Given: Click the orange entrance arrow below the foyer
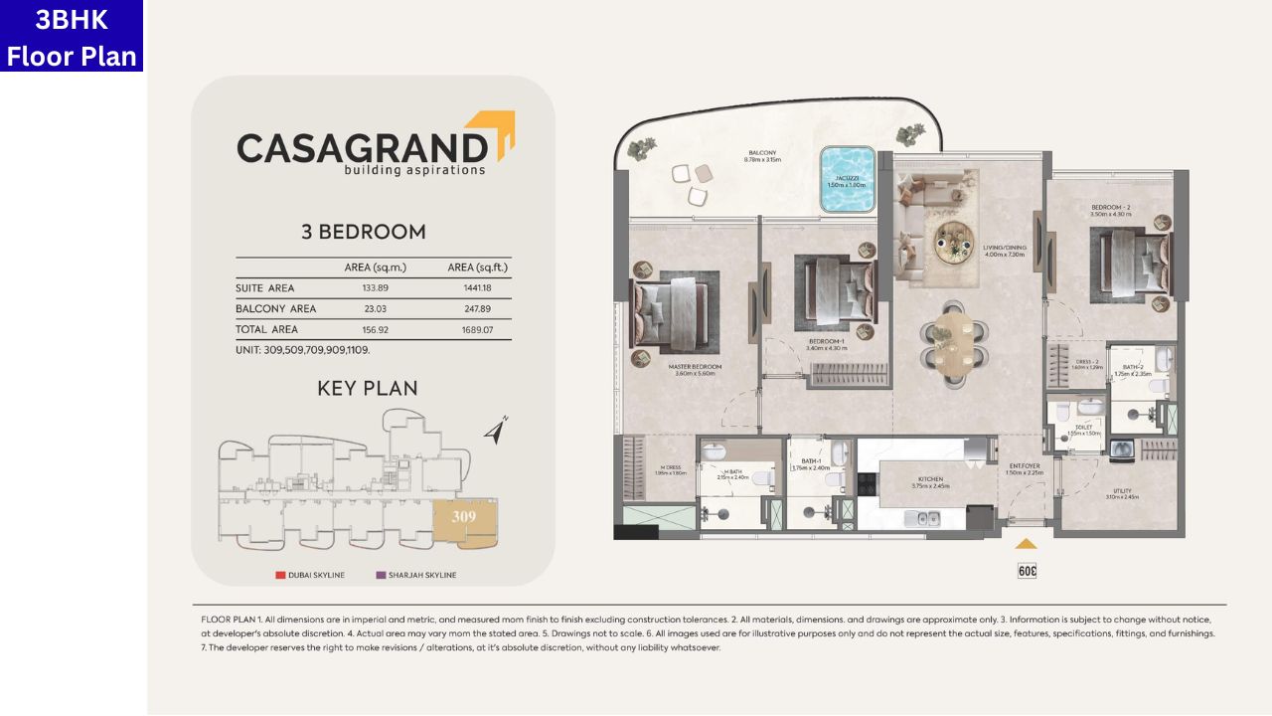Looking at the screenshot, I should (1026, 544).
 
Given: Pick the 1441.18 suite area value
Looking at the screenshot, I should (478, 288).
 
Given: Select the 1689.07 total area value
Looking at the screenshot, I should (478, 330).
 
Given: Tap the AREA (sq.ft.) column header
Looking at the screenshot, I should (478, 268).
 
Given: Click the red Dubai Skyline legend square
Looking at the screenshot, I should (280, 575).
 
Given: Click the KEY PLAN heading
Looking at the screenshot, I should (367, 388).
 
